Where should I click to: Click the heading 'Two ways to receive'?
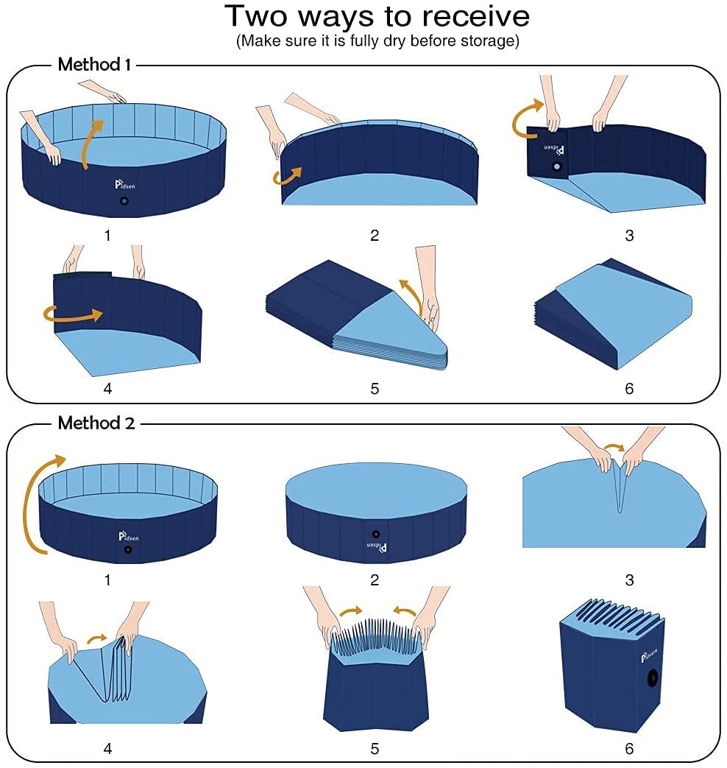(x=377, y=16)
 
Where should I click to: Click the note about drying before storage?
(x=377, y=41)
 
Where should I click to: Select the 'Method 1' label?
(x=94, y=65)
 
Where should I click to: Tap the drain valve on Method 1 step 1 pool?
(x=124, y=201)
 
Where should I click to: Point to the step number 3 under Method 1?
(x=628, y=236)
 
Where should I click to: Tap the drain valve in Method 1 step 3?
(x=557, y=167)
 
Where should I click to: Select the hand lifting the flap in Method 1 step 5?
(x=427, y=287)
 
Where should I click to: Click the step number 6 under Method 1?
(x=628, y=389)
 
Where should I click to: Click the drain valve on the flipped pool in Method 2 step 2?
(x=376, y=534)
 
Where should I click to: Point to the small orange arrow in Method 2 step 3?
(x=612, y=449)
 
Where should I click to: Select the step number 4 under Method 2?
(x=107, y=749)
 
